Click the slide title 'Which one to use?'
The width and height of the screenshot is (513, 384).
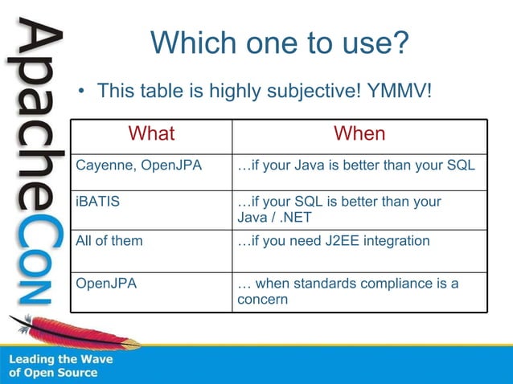(280, 43)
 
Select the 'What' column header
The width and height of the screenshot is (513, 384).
(151, 133)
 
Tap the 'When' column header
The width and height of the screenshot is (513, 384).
(359, 133)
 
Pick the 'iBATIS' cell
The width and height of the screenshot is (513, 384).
(97, 202)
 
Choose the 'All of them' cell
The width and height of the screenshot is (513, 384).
(109, 241)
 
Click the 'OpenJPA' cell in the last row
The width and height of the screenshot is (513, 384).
(106, 284)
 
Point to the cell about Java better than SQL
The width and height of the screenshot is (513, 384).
(356, 166)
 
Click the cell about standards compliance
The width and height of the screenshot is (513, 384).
(348, 291)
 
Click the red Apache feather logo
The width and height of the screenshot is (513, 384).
(76, 331)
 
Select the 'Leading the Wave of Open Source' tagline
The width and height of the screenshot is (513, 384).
(61, 366)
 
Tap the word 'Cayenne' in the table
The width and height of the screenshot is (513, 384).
(102, 166)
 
